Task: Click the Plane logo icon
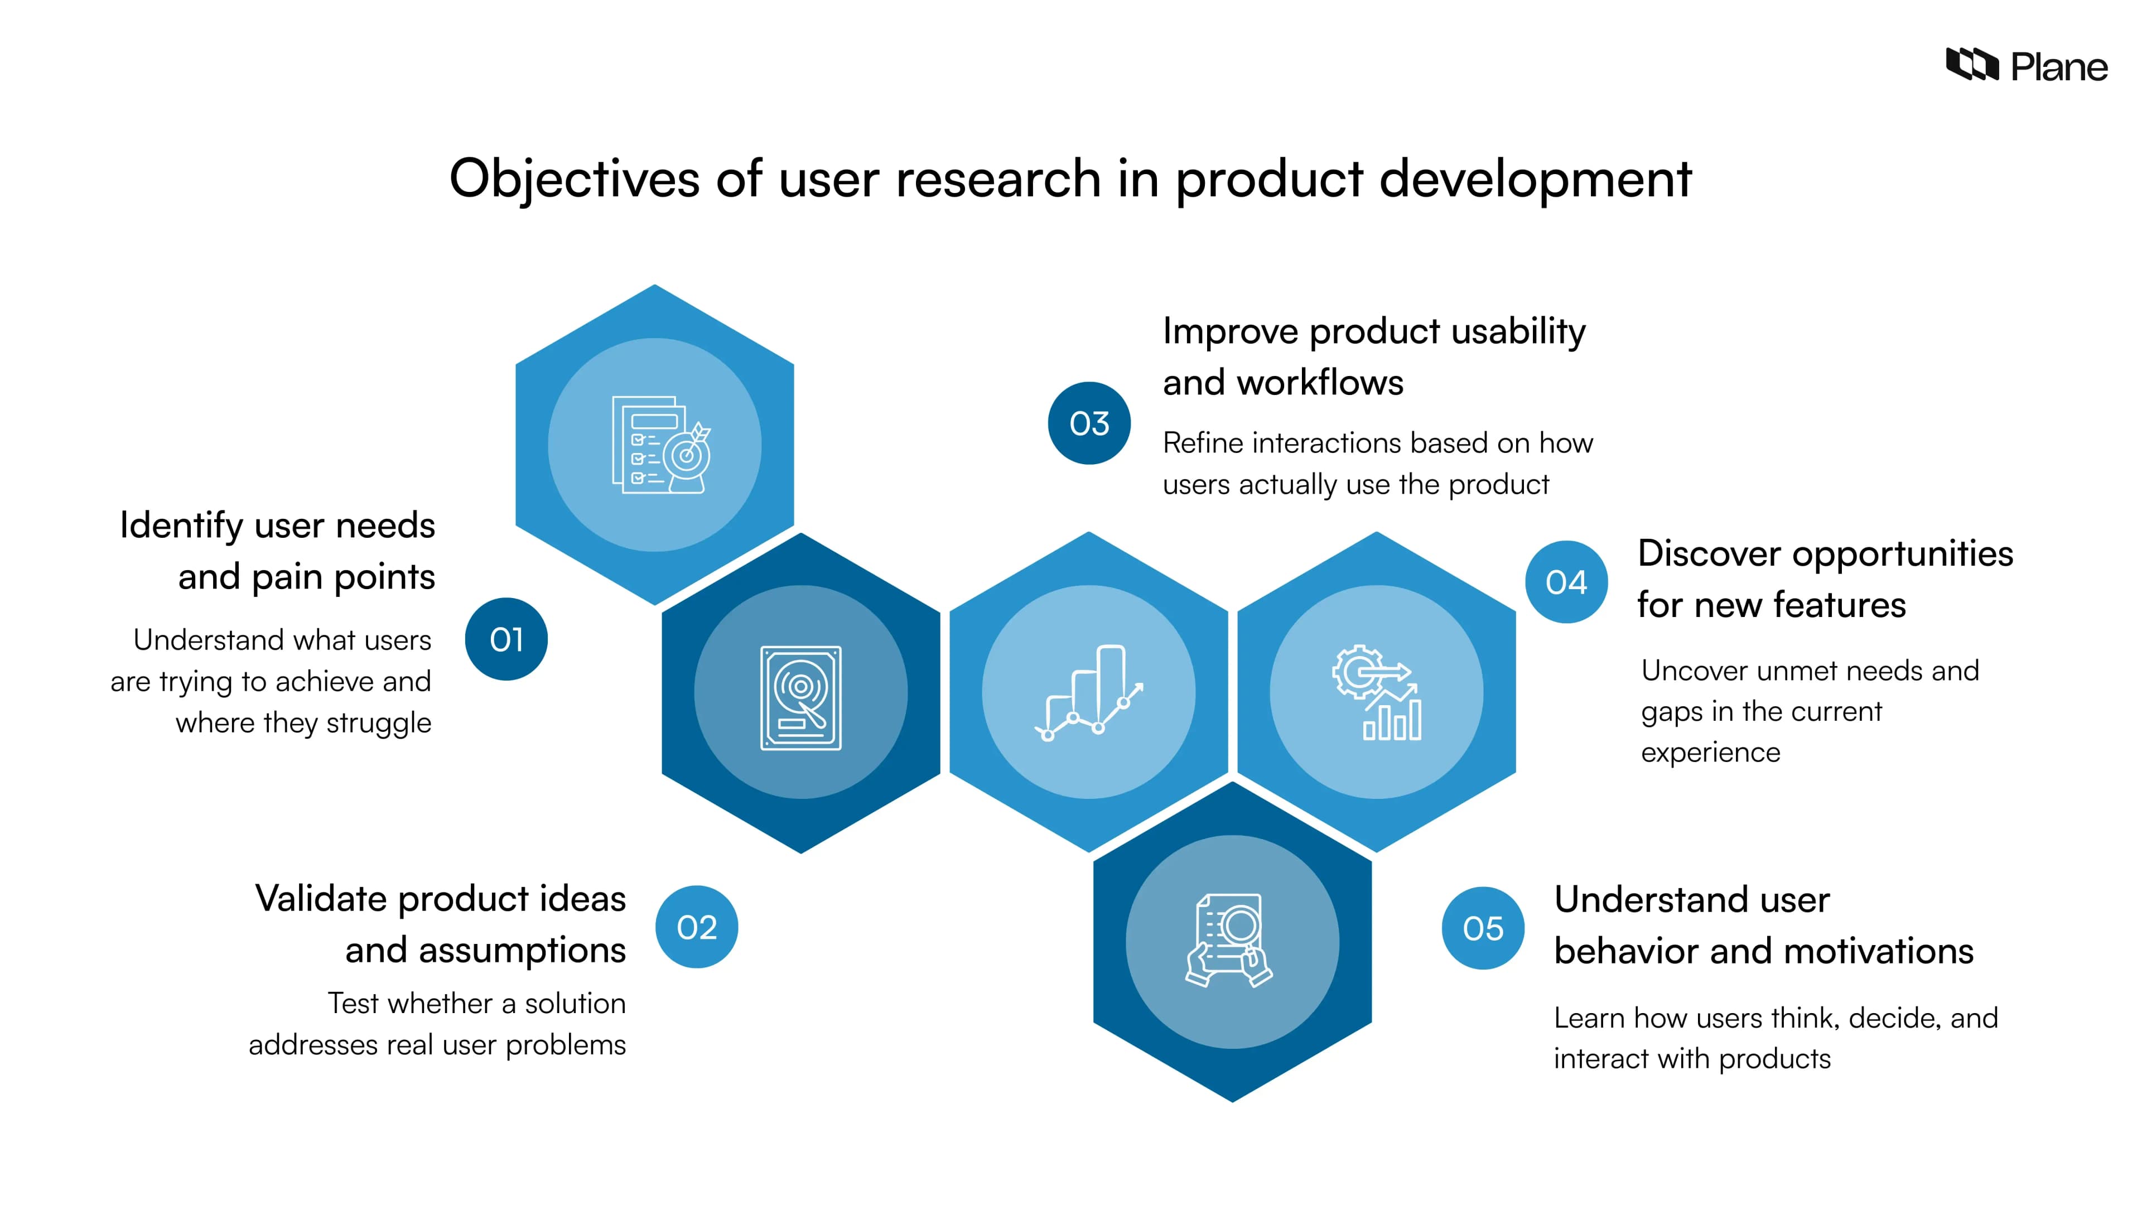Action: point(1971,64)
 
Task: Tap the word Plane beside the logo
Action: point(2059,66)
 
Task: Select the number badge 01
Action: point(505,639)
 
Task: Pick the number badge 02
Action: point(696,927)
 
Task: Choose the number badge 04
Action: point(1566,582)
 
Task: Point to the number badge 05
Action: point(1483,928)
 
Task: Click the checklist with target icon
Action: point(661,445)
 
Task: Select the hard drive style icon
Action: point(801,698)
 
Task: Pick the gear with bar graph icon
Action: point(1376,692)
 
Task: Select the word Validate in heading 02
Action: point(320,899)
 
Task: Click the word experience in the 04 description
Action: point(1710,753)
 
